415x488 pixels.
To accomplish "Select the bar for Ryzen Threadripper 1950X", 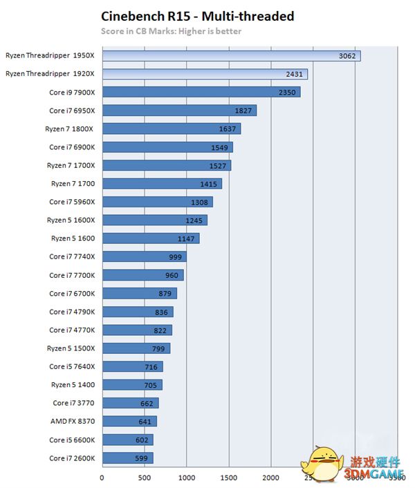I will coord(231,55).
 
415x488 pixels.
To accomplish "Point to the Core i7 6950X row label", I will coord(72,111).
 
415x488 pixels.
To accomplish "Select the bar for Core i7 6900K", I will coord(167,147).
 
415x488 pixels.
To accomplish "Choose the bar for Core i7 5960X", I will coord(157,202).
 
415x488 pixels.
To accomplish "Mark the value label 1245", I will coord(194,220).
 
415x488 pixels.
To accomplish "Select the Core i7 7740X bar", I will coord(144,257).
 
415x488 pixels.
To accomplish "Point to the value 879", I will coord(166,294).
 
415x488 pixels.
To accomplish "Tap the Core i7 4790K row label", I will coord(72,312).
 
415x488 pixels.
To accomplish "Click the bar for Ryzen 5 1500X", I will coord(136,348).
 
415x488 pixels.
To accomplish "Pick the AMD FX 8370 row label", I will coord(73,422).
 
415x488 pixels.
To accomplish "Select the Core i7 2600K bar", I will coord(127,458).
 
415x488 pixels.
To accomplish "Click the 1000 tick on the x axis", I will coord(186,477).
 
